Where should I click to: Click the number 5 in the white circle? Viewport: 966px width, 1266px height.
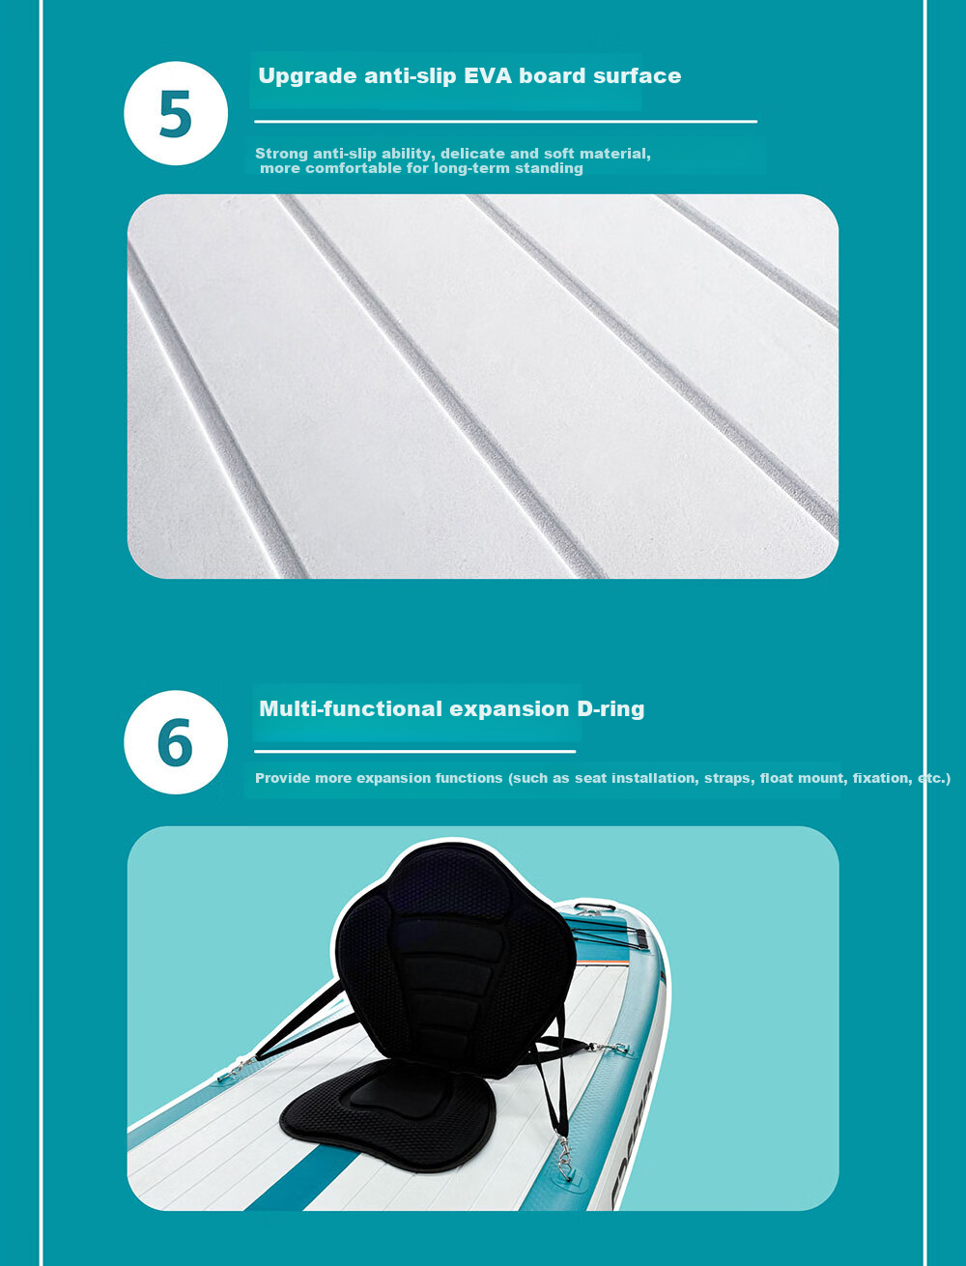pos(175,114)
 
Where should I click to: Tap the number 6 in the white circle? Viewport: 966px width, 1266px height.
pos(175,742)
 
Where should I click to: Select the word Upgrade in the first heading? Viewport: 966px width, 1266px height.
pos(307,76)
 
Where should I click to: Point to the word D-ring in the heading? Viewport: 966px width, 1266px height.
pos(611,708)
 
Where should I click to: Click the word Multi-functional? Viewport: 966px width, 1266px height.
pos(351,708)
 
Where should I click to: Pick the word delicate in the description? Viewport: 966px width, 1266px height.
pos(472,154)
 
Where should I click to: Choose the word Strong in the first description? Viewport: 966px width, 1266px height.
pos(281,154)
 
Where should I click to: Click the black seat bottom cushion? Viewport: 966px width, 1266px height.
pos(387,1115)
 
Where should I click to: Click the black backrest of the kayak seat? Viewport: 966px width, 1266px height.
pos(455,958)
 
